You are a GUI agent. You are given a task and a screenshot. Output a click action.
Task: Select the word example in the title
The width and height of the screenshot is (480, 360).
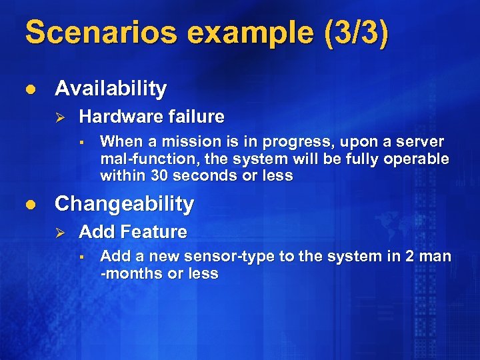pyautogui.click(x=226, y=33)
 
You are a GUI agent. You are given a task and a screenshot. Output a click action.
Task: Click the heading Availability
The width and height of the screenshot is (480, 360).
pyautogui.click(x=111, y=88)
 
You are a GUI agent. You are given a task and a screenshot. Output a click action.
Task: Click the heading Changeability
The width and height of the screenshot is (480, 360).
pyautogui.click(x=124, y=203)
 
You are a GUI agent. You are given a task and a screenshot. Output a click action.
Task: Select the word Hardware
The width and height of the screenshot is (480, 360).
pyautogui.click(x=116, y=117)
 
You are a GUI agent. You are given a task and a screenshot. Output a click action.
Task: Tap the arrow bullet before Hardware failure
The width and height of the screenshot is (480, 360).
pyautogui.click(x=58, y=117)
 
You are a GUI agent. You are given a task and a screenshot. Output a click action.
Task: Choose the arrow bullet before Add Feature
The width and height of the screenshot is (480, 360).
pyautogui.click(x=58, y=233)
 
